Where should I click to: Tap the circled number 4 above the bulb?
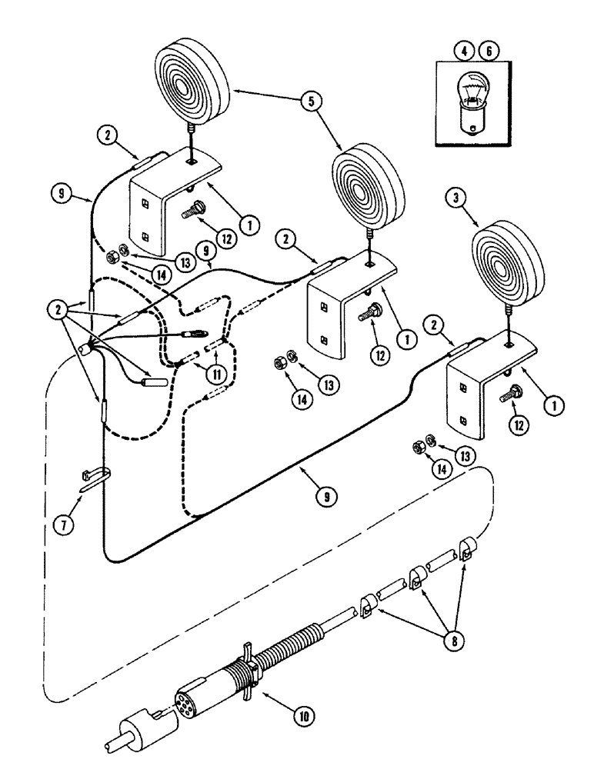click(x=463, y=52)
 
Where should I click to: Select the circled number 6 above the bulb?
click(x=487, y=52)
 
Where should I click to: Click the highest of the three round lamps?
click(x=192, y=81)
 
